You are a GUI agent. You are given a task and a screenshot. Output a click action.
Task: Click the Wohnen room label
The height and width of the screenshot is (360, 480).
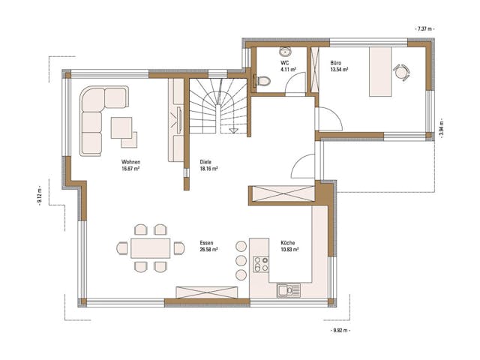[130, 162]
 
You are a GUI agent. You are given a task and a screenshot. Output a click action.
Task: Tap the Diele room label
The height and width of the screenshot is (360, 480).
[205, 162]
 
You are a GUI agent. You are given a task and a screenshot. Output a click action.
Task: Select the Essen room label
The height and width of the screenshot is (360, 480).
[206, 243]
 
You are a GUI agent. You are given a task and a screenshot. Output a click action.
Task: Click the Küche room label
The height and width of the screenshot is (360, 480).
[288, 243]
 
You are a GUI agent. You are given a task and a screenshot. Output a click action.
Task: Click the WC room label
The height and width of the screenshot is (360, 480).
[285, 64]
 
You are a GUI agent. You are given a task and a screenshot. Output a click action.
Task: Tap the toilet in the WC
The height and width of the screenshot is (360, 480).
[262, 81]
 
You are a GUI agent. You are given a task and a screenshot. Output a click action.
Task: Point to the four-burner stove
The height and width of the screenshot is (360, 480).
[261, 263]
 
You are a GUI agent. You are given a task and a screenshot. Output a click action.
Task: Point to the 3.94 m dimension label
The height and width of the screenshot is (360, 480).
[441, 127]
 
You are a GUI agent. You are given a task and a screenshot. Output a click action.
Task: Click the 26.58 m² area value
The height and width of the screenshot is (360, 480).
[208, 250]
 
